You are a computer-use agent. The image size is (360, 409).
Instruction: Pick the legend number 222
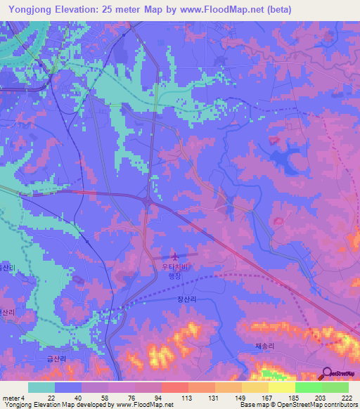[347, 398]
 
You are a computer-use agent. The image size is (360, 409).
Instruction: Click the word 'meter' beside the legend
[10, 398]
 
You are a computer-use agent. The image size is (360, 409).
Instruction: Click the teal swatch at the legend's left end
[41, 387]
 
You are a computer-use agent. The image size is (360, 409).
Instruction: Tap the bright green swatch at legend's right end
[335, 387]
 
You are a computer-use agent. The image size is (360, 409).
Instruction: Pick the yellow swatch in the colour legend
[281, 387]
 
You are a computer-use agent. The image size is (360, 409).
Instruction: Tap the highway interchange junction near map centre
[150, 202]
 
